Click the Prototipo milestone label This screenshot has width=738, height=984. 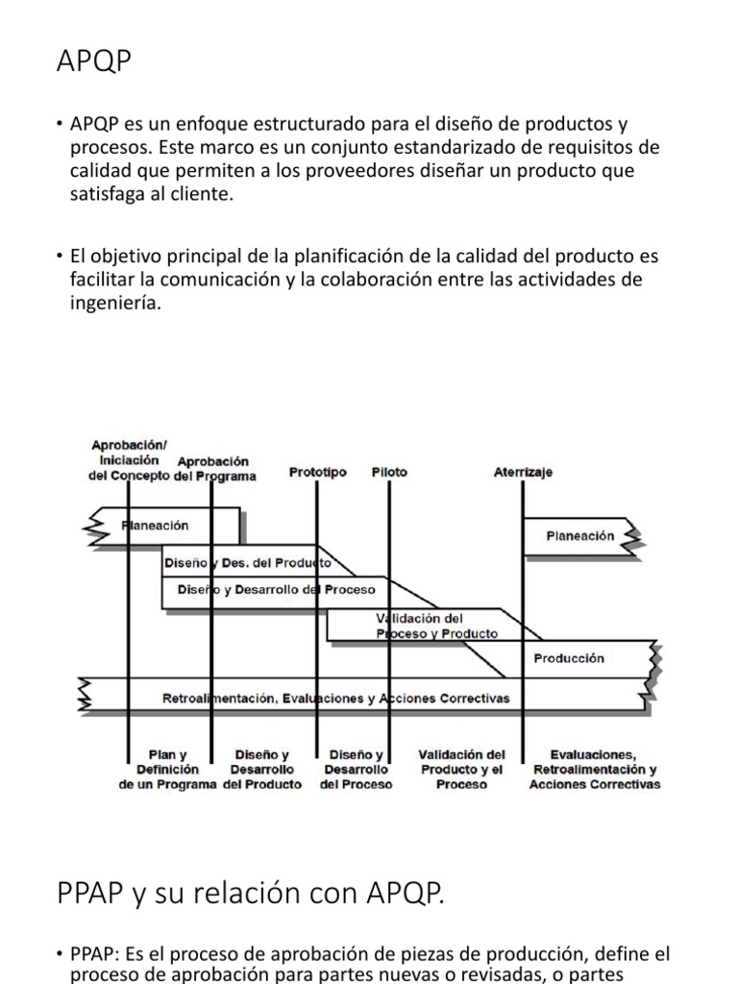[318, 472]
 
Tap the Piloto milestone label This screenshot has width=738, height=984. [389, 472]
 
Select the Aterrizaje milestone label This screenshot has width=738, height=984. [523, 472]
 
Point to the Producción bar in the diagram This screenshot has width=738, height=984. [569, 658]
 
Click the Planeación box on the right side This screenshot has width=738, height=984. [579, 536]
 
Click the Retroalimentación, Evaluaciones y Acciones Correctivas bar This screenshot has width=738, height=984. [336, 698]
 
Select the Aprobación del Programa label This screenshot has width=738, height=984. [214, 469]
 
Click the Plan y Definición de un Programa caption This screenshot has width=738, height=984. [168, 770]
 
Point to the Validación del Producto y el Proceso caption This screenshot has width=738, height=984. [462, 770]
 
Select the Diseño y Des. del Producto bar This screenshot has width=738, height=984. [247, 562]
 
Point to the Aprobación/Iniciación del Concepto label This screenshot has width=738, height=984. [129, 459]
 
